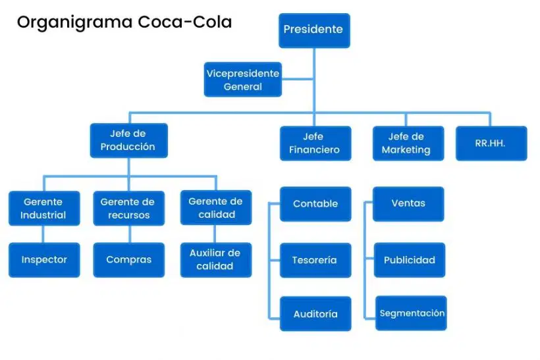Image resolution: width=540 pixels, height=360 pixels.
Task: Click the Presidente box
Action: [314, 31]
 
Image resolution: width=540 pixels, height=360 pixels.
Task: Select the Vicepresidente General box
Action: [243, 80]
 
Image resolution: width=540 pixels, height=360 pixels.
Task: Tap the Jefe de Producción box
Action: [129, 140]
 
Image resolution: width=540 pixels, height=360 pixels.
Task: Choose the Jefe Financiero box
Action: [315, 143]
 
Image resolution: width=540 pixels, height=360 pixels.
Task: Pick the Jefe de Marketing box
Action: [408, 143]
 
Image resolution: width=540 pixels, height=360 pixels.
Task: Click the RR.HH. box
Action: [491, 143]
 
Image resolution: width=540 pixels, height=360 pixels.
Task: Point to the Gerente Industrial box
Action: [44, 208]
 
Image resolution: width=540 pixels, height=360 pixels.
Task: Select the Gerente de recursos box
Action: [129, 208]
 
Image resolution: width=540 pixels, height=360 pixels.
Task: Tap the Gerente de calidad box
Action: [216, 207]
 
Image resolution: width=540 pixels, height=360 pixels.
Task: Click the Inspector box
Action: [44, 260]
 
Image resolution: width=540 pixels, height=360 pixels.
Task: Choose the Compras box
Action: [129, 260]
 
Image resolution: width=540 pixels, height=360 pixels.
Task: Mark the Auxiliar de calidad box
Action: [216, 260]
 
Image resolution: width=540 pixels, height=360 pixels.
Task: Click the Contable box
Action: [315, 204]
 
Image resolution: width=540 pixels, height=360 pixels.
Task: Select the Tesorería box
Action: [315, 260]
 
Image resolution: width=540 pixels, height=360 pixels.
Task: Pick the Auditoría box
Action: [315, 313]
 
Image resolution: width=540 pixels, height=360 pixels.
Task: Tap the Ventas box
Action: [408, 204]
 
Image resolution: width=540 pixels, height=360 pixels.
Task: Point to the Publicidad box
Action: [410, 260]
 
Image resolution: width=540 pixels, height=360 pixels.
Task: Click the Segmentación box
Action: [411, 313]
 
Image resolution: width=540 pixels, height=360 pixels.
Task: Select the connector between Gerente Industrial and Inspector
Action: [43, 234]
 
